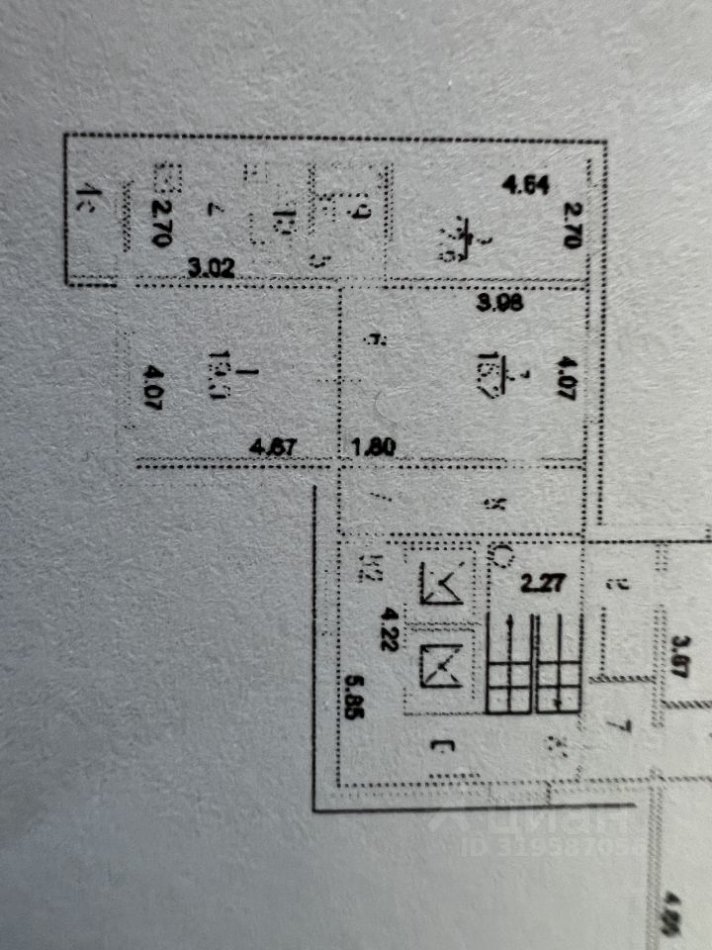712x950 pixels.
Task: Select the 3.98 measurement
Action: [498, 305]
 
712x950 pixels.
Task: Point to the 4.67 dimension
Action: [275, 446]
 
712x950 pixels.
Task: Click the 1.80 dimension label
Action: [374, 446]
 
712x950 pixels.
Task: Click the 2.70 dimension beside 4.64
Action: [571, 225]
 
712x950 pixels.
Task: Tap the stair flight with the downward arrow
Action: [559, 659]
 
